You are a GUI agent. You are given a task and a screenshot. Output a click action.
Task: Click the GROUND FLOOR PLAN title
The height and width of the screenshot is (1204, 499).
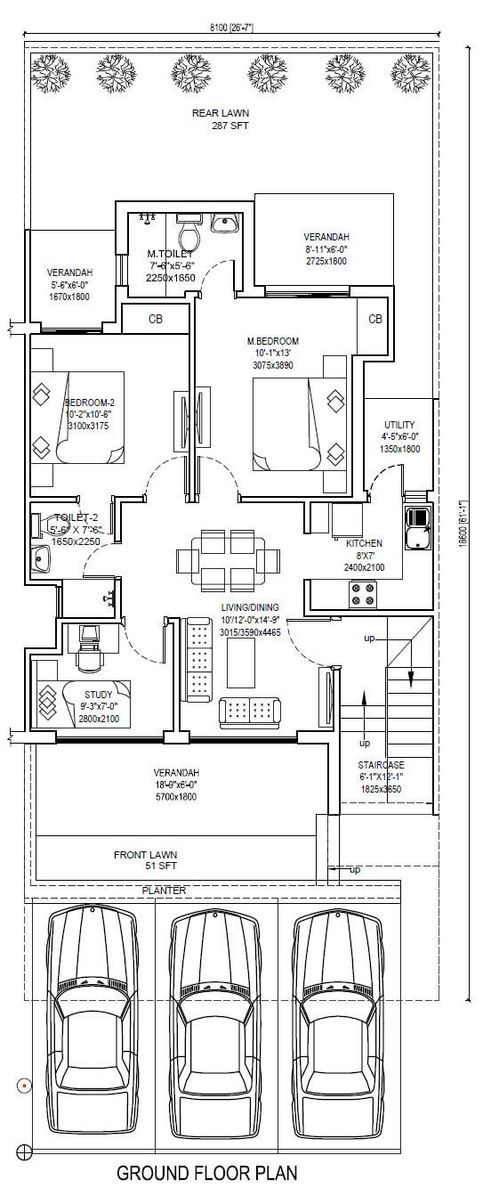pos(207,1174)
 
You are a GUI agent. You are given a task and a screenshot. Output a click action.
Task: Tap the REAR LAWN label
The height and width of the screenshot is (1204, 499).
pos(221,114)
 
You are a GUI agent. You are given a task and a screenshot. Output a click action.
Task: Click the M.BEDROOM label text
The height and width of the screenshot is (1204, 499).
pos(272,341)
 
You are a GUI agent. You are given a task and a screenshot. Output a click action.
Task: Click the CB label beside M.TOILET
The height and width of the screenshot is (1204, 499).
pos(155,319)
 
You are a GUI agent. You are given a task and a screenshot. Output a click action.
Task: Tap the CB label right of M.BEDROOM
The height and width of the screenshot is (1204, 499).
pos(375,319)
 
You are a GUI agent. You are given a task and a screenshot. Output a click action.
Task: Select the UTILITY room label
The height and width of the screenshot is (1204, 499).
pos(399,424)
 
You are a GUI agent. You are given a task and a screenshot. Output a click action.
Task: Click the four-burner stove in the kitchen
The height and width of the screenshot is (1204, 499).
pos(362,593)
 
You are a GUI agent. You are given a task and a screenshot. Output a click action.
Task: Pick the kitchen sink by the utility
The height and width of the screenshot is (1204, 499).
pos(417,527)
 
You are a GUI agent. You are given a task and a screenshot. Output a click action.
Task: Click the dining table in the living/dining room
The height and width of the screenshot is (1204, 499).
pos(228,559)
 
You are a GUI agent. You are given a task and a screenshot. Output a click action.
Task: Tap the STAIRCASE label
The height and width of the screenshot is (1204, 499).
pos(381,765)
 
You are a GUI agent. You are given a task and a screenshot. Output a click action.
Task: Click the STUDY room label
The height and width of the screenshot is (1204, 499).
pos(99,694)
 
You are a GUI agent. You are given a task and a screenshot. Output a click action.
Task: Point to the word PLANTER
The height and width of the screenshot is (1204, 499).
pos(165,890)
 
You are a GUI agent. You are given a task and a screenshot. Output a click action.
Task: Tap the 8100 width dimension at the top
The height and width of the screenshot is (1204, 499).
pos(229,28)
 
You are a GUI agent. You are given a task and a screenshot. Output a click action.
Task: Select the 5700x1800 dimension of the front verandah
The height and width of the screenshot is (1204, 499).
pos(175,796)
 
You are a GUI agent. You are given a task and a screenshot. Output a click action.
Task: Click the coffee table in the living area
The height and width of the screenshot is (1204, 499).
pos(240,663)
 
